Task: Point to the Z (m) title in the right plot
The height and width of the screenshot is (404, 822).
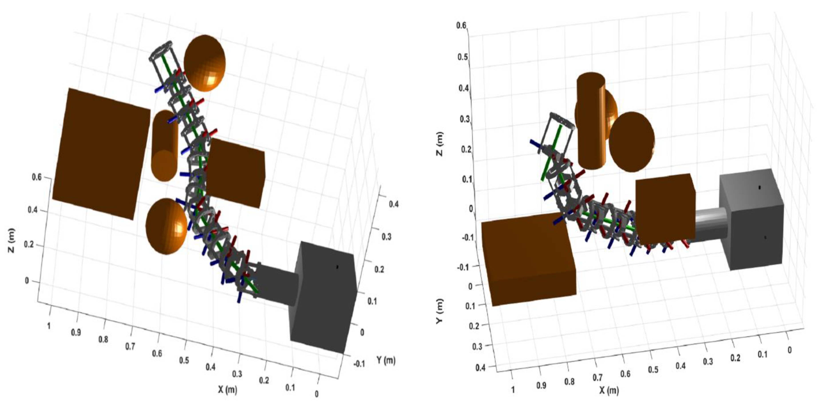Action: pyautogui.click(x=440, y=144)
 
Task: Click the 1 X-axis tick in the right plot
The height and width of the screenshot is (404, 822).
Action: pyautogui.click(x=513, y=390)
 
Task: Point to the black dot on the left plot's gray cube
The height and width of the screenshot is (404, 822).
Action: pyautogui.click(x=337, y=267)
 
